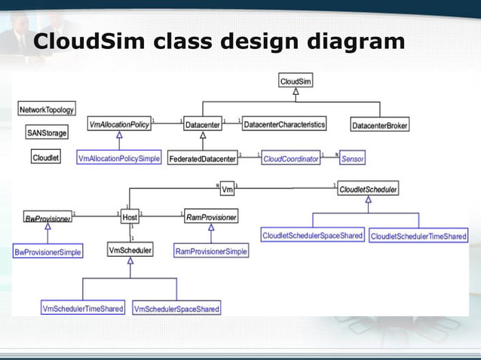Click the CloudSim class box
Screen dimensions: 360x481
[296, 81]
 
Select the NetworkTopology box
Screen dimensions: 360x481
[46, 109]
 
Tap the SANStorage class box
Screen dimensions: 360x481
[47, 133]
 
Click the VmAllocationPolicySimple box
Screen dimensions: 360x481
[119, 159]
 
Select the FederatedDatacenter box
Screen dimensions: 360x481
[202, 159]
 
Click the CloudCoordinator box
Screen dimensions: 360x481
[290, 159]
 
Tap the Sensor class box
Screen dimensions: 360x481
[352, 159]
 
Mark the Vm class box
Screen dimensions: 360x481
[228, 188]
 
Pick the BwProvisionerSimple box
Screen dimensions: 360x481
[47, 252]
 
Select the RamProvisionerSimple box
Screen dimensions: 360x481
[211, 251]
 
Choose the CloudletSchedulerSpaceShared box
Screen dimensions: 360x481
[312, 236]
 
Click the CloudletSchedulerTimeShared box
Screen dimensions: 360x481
[418, 236]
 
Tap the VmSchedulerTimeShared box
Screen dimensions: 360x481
[83, 308]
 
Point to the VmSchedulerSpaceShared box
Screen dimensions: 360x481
[176, 309]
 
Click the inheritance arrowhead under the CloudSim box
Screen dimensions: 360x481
[296, 93]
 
